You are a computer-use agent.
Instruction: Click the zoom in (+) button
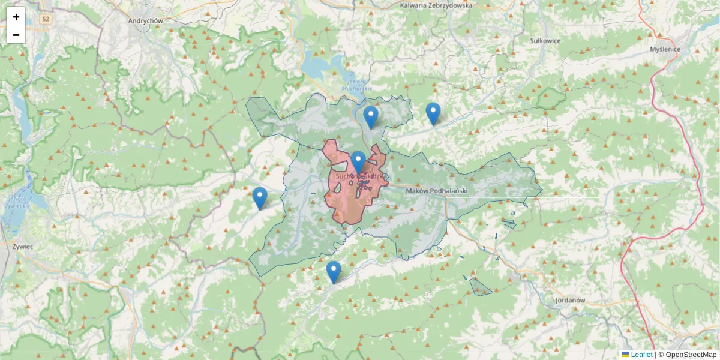pyautogui.click(x=16, y=17)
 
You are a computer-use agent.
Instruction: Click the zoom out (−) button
pyautogui.click(x=16, y=35)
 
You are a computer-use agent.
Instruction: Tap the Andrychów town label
pyautogui.click(x=146, y=20)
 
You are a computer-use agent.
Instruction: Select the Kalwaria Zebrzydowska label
pyautogui.click(x=436, y=5)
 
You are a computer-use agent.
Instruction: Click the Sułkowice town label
pyautogui.click(x=545, y=41)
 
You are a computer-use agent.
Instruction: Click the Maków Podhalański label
pyautogui.click(x=436, y=191)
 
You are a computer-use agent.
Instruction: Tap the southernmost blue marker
pyautogui.click(x=334, y=272)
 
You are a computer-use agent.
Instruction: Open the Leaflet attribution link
pyautogui.click(x=641, y=355)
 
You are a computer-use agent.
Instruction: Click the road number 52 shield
pyautogui.click(x=46, y=20)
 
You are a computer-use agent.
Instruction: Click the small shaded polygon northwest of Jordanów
pyautogui.click(x=479, y=287)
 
